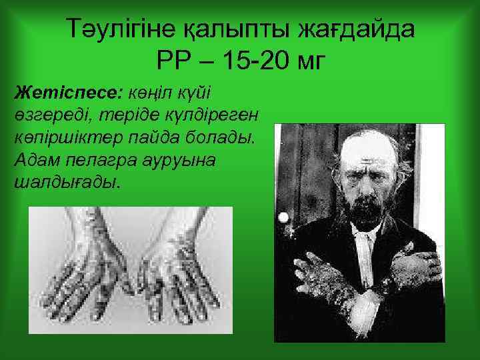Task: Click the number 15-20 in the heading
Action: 253,61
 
